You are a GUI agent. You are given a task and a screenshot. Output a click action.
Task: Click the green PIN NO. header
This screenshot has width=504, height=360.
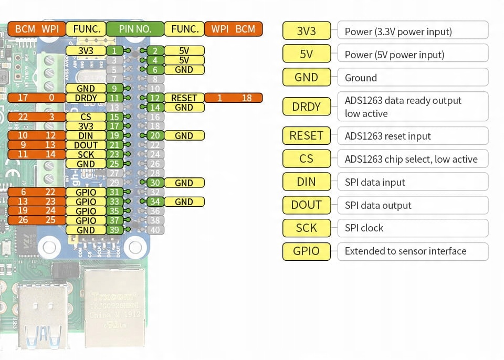(135, 29)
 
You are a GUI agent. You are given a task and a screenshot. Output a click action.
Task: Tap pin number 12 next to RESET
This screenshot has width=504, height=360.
(154, 98)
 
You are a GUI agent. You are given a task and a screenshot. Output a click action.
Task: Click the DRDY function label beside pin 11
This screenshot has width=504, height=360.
(86, 98)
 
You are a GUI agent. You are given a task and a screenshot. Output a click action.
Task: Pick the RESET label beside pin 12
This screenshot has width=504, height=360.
(184, 98)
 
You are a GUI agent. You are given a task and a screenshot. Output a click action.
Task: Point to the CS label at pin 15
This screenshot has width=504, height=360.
(86, 117)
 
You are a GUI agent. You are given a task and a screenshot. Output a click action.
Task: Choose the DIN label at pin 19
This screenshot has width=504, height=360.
(86, 136)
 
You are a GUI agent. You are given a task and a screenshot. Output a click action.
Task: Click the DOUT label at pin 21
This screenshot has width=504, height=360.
(86, 145)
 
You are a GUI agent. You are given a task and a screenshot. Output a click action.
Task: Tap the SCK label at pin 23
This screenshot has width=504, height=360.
(86, 155)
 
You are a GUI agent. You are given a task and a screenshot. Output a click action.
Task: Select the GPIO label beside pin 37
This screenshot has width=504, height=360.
(86, 221)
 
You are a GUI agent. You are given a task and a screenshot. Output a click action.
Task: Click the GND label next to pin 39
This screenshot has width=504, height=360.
(86, 230)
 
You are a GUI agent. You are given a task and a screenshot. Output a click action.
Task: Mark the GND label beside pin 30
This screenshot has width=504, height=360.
(184, 183)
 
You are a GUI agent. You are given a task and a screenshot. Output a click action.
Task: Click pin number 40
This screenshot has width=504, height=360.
(154, 230)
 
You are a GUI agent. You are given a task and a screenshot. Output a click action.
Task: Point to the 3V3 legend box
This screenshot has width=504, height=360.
(307, 31)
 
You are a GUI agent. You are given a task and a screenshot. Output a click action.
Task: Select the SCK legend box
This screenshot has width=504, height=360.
(307, 228)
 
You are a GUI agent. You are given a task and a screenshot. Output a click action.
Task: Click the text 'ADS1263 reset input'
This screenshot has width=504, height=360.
(387, 136)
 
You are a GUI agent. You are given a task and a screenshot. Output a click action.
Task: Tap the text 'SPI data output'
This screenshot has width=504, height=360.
(378, 205)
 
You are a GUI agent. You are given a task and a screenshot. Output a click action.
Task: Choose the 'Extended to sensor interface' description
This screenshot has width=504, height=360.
(405, 251)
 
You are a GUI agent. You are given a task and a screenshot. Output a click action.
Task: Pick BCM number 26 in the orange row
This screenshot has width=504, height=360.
(23, 220)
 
